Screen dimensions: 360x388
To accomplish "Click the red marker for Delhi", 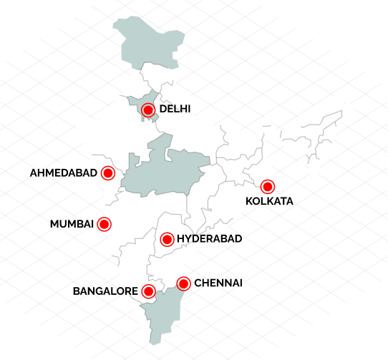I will click(148, 110).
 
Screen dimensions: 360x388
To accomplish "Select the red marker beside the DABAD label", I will click(108, 173).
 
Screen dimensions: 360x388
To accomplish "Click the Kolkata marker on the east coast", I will click(268, 187).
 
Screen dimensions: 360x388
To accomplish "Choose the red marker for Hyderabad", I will click(167, 239).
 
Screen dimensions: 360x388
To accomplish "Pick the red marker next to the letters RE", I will click(148, 291).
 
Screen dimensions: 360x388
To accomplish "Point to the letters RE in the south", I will click(131, 291).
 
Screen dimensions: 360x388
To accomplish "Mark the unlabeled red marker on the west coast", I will click(104, 224).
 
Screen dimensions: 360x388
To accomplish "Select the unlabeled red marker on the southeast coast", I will click(183, 283).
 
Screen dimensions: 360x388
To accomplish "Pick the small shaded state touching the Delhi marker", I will click(140, 101).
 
